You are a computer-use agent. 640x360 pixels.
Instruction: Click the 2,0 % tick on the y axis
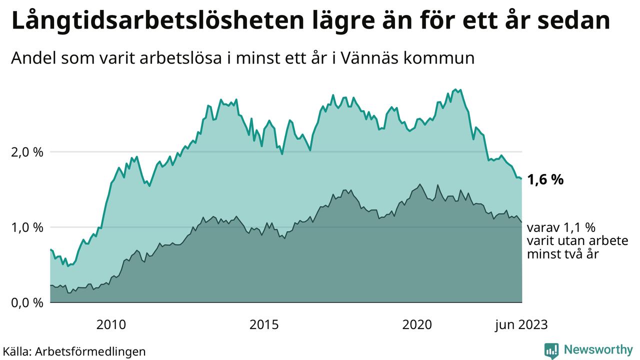(26, 152)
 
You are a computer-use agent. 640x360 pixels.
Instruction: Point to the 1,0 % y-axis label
(26, 227)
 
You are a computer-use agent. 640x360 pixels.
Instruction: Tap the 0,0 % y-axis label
(26, 303)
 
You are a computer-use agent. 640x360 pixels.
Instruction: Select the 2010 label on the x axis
(111, 325)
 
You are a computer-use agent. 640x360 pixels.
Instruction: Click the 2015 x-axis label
(264, 325)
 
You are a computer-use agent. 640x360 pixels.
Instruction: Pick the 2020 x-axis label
(417, 325)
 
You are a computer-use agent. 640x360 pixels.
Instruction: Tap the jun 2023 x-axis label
(521, 325)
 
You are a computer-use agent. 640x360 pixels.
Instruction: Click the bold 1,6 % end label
(545, 179)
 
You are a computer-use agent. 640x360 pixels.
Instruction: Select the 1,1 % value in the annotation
(580, 228)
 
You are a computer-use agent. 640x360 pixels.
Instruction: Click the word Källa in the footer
(17, 351)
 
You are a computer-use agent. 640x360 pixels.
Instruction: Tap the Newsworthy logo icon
(551, 349)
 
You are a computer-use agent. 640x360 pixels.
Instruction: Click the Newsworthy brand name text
(598, 349)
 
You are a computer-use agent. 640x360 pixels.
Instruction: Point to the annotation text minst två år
(562, 254)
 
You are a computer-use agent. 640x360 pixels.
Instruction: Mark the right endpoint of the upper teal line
(521, 178)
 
